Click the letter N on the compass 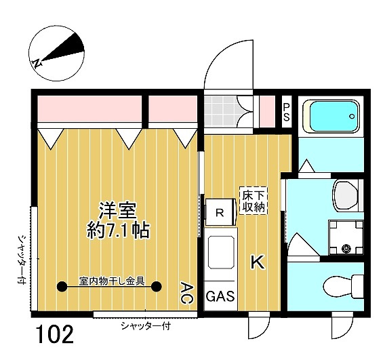click(x=37, y=63)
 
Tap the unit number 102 click(x=56, y=334)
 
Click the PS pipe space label click(x=287, y=112)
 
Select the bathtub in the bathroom click(x=331, y=117)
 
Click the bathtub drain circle click(x=352, y=117)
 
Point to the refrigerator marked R click(x=220, y=212)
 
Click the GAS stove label click(x=220, y=296)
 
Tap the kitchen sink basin click(x=221, y=252)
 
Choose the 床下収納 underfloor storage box click(x=254, y=201)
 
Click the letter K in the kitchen click(x=258, y=262)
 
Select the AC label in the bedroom click(x=187, y=293)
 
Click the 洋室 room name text click(x=118, y=211)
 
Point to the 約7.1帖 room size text click(x=118, y=230)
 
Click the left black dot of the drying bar click(x=62, y=286)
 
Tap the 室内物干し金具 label click(x=111, y=281)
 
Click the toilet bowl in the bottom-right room click(x=343, y=286)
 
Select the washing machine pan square click(x=346, y=237)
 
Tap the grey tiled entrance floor click(x=222, y=111)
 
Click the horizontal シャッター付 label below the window click(x=146, y=326)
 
